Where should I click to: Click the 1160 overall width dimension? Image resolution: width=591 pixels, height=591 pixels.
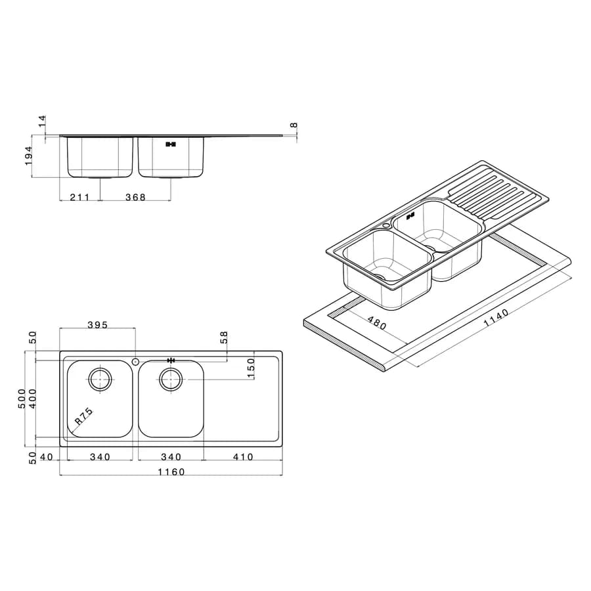coord(171,472)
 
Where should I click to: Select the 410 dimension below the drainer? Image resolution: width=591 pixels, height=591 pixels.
coord(243,457)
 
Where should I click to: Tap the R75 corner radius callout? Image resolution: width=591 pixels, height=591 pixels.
coord(83,416)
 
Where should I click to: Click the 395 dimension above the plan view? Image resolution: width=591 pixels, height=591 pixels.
coord(98,325)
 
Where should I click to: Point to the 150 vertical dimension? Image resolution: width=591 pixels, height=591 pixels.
coord(250,368)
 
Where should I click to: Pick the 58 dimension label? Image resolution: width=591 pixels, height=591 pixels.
coord(223,337)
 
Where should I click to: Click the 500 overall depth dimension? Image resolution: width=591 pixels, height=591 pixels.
coord(22,399)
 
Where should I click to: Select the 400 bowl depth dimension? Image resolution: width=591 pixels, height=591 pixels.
coord(32,399)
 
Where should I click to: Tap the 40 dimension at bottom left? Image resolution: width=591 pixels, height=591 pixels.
coord(47,457)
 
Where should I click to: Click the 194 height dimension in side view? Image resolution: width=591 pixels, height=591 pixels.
coord(28,156)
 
